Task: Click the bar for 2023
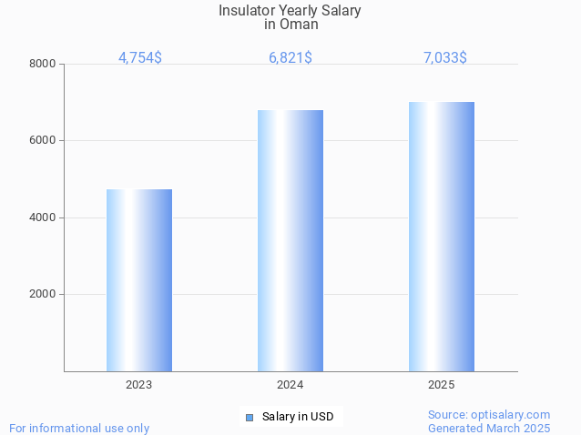(139, 280)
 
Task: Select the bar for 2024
(290, 240)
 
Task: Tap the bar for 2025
(442, 237)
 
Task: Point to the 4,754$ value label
(140, 57)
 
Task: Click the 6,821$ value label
(290, 57)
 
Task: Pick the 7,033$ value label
(445, 57)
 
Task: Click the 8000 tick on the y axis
(43, 64)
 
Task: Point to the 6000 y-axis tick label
(43, 140)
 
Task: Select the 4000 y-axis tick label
(43, 217)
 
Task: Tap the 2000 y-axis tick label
(43, 294)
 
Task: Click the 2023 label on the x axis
(139, 385)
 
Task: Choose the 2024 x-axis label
(290, 385)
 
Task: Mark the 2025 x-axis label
(442, 385)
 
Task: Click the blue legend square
(250, 417)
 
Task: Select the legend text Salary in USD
(298, 417)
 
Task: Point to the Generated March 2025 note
(489, 428)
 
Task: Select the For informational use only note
(79, 428)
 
